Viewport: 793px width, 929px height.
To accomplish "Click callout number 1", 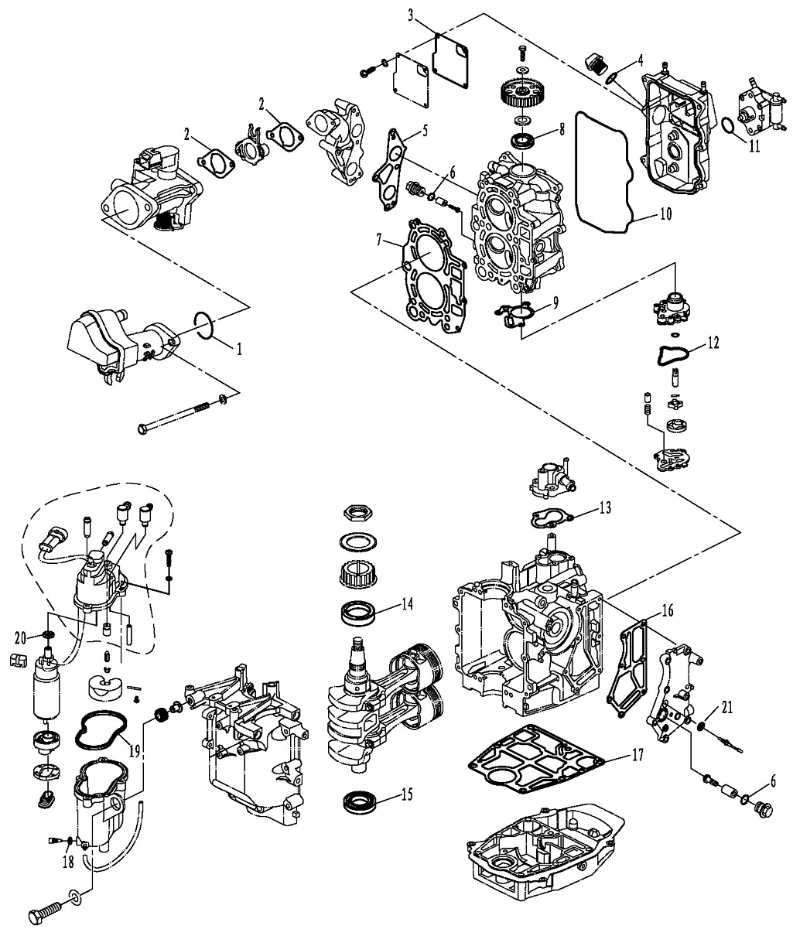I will (240, 349).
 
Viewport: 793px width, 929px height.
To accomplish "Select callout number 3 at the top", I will (412, 14).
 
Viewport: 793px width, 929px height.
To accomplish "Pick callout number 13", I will (605, 507).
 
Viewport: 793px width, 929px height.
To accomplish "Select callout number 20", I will (21, 637).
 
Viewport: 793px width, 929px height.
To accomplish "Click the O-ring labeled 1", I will (203, 324).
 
